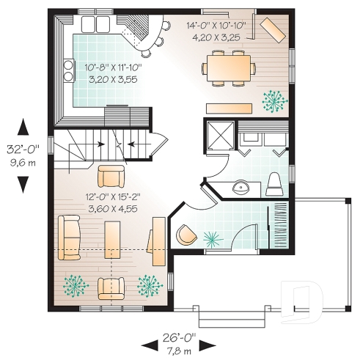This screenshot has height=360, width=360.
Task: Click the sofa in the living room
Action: coord(67,238)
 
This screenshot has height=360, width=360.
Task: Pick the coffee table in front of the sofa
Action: coord(112,243)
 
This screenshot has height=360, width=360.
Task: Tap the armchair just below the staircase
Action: coord(111,176)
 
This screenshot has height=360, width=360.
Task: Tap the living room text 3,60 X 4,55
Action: coord(111,207)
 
